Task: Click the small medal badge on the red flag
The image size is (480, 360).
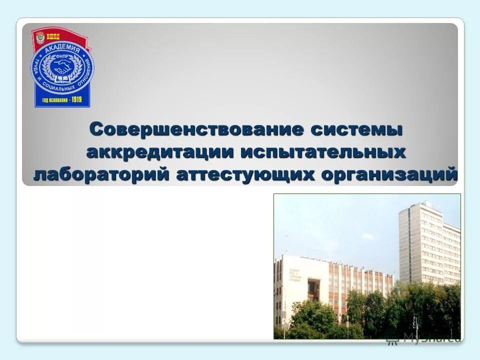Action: pos(40,38)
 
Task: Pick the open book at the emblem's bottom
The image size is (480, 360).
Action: pos(62,79)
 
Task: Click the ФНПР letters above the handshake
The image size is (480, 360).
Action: pos(62,56)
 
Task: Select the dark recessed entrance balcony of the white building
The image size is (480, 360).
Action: pos(313,289)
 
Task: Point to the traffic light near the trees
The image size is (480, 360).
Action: pos(414,322)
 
